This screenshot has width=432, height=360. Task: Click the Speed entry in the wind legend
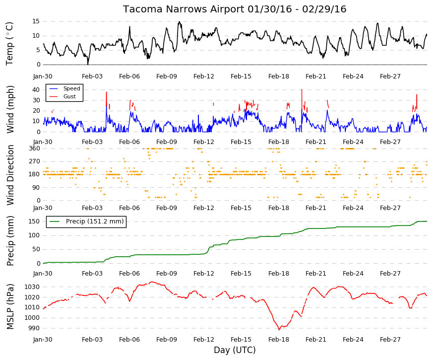pyautogui.click(x=71, y=88)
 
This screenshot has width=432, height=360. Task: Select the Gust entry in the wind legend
pyautogui.click(x=69, y=96)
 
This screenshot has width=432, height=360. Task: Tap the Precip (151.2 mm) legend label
pyautogui.click(x=95, y=221)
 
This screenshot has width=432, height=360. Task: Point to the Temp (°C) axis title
pyautogui.click(x=9, y=44)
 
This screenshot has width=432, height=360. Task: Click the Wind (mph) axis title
pyautogui.click(x=10, y=110)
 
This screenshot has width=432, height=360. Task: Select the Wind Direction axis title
pyautogui.click(x=10, y=175)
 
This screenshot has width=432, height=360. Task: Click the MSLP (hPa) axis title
pyautogui.click(x=10, y=306)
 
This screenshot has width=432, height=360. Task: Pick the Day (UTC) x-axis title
pyautogui.click(x=235, y=350)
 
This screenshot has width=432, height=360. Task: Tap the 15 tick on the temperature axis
pyautogui.click(x=36, y=21)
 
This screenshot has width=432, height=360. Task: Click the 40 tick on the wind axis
pyautogui.click(x=36, y=90)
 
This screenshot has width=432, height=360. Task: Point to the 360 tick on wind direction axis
pyautogui.click(x=34, y=148)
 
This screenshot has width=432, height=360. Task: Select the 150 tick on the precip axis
pyautogui.click(x=34, y=221)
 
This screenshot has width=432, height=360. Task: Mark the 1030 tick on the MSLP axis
pyautogui.click(x=32, y=287)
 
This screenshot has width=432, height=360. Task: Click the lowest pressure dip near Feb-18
pyautogui.click(x=279, y=329)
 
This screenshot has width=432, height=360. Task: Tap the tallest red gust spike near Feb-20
pyautogui.click(x=302, y=90)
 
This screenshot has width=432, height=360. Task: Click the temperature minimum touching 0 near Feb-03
pyautogui.click(x=88, y=64)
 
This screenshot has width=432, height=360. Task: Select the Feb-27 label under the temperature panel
pyautogui.click(x=390, y=76)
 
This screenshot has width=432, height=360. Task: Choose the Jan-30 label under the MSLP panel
pyautogui.click(x=43, y=340)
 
